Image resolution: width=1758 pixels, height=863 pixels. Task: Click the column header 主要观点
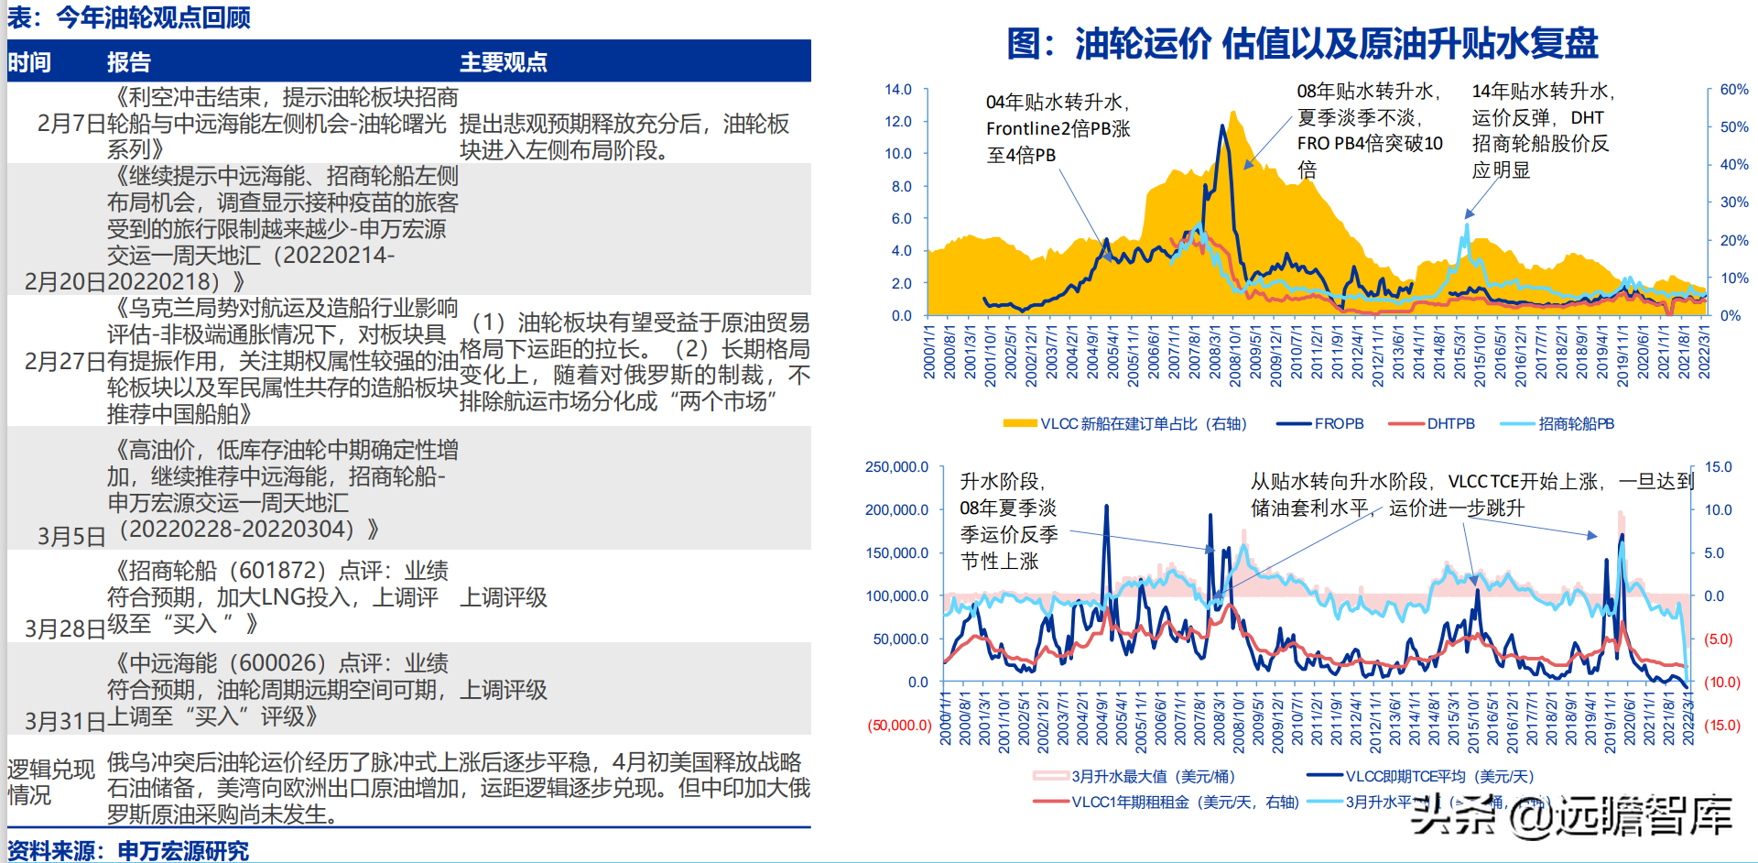click(503, 62)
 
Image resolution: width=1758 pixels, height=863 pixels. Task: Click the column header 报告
click(128, 62)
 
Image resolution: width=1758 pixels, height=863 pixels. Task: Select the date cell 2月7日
click(71, 124)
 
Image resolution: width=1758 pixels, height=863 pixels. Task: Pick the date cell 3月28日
click(64, 628)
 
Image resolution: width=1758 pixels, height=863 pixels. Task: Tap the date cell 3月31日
click(64, 721)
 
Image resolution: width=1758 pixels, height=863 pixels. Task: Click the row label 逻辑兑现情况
click(50, 781)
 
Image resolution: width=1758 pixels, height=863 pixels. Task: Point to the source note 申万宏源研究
click(183, 851)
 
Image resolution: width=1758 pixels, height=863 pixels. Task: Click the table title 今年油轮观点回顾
click(153, 17)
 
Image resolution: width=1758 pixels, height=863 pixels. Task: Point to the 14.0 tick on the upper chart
click(897, 90)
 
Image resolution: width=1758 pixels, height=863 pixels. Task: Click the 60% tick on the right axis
click(1733, 90)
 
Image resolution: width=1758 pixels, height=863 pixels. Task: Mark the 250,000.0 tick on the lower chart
click(896, 467)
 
